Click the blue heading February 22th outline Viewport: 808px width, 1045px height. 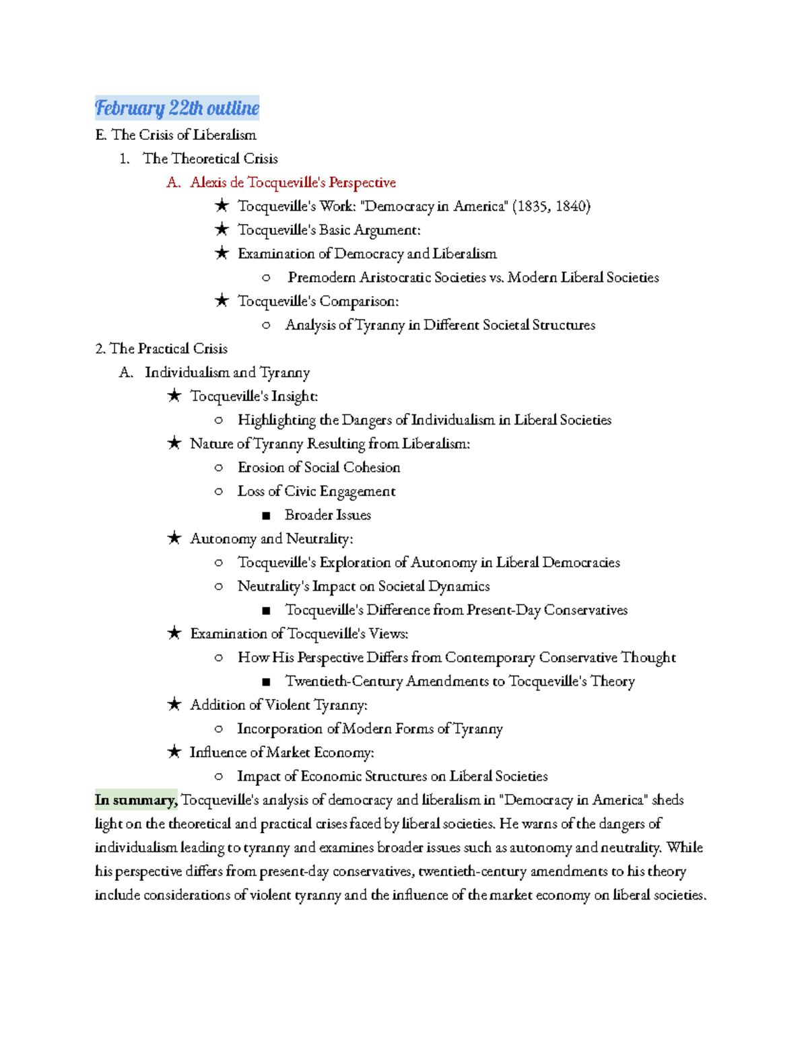click(177, 108)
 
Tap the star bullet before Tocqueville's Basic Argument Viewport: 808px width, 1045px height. click(222, 229)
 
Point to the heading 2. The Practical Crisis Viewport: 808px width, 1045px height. click(162, 349)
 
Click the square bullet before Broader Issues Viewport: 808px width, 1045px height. click(266, 515)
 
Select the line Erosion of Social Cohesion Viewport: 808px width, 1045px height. click(318, 467)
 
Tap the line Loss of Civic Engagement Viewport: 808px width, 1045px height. click(316, 491)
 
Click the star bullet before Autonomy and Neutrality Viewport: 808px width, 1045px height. click(174, 538)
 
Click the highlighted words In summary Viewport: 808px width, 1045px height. click(135, 800)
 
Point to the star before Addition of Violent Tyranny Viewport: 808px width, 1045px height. click(174, 705)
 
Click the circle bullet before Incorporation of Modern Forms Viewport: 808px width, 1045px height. click(218, 729)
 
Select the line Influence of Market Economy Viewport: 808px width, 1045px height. click(281, 752)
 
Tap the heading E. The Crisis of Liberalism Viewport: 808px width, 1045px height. click(176, 135)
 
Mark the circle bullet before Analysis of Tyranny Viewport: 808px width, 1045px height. click(266, 325)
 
